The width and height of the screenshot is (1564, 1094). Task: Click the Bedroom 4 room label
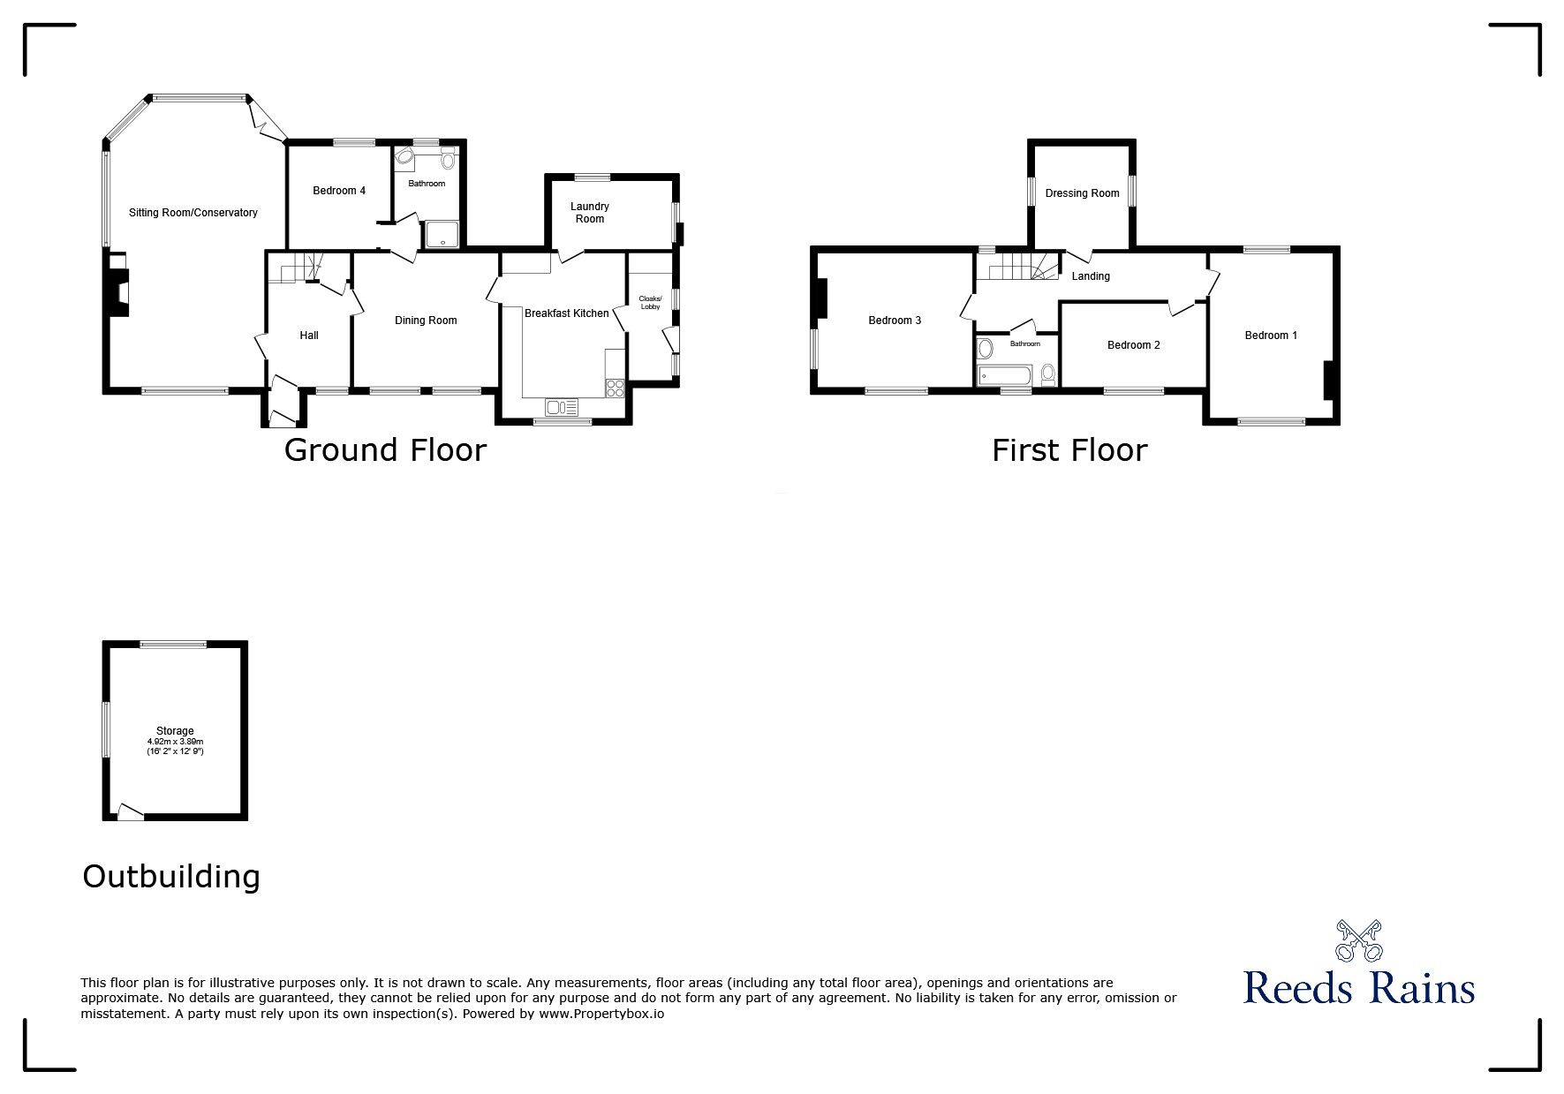(339, 191)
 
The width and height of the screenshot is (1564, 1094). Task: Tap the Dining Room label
(426, 321)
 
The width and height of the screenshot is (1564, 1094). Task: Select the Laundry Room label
(590, 213)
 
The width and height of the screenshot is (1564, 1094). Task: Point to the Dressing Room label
(1082, 193)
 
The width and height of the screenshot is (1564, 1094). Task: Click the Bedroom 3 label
(895, 321)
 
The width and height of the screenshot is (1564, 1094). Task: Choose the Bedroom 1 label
(1271, 336)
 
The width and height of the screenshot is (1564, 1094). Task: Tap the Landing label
(1091, 276)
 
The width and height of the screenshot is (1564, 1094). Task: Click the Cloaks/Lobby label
(650, 303)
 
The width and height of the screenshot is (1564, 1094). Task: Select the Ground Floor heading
(385, 450)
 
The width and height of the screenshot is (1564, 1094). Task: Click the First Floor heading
(1069, 450)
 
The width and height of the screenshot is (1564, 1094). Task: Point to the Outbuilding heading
(171, 876)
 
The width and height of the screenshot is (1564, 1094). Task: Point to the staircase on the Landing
(1026, 267)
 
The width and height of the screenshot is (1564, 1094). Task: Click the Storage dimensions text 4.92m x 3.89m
(175, 742)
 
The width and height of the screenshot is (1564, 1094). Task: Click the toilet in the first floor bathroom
(1047, 374)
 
